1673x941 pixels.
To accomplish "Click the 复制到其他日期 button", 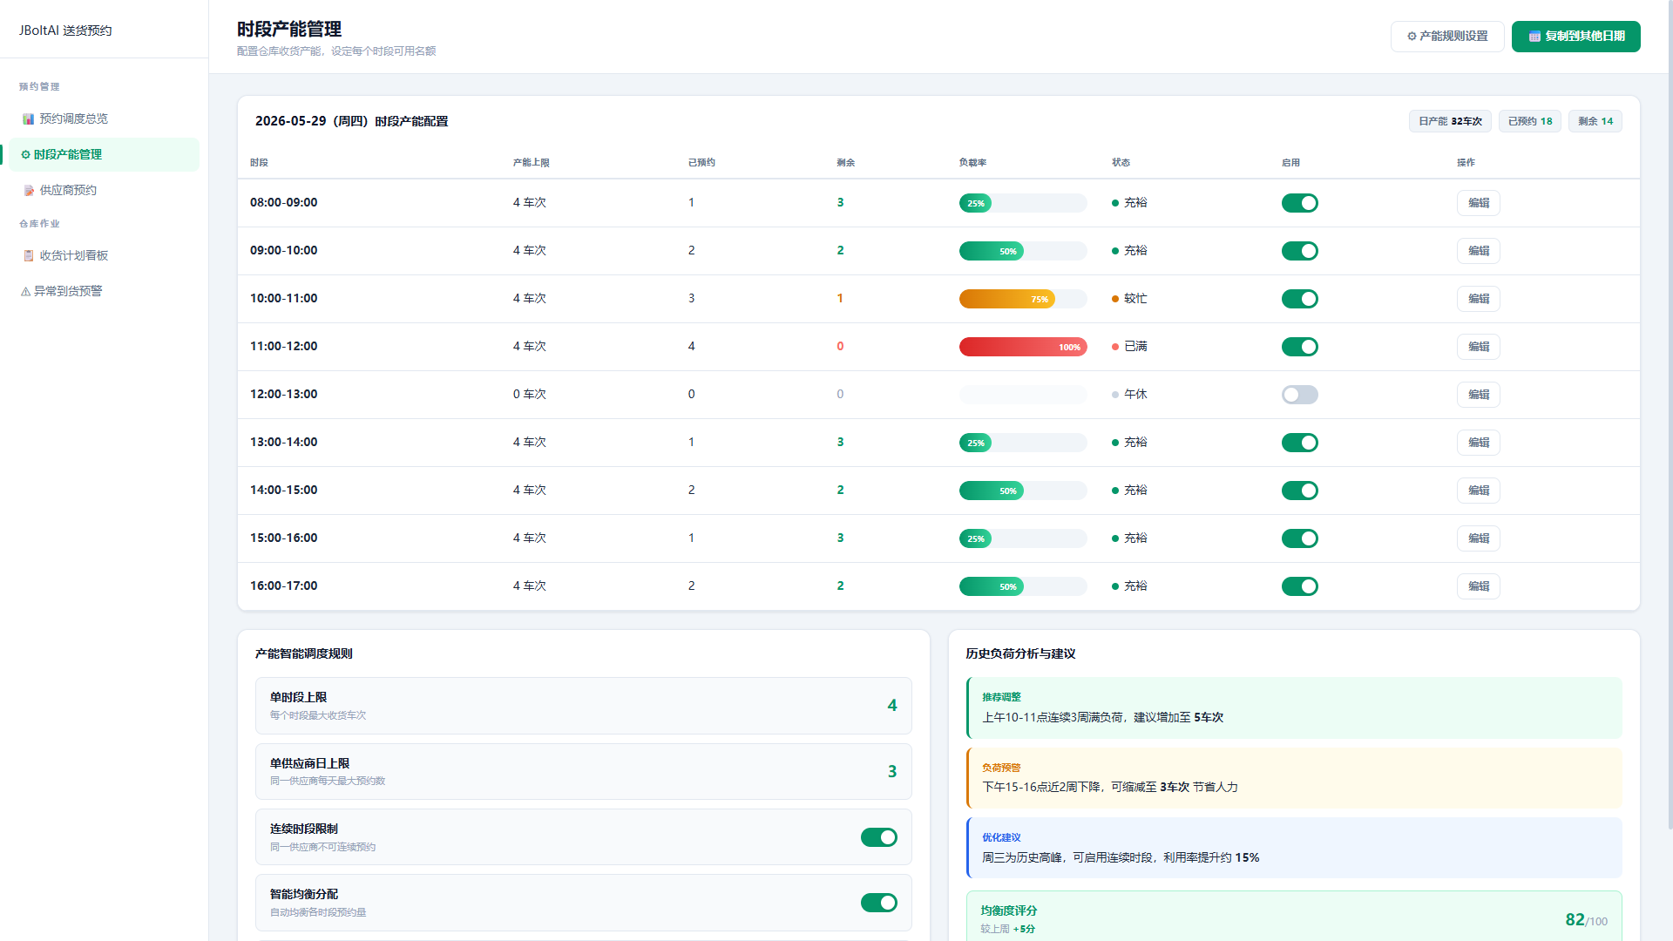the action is pyautogui.click(x=1575, y=37).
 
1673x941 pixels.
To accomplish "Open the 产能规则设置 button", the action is pyautogui.click(x=1447, y=37).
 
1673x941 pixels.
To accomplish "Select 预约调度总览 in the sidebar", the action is pyautogui.click(x=65, y=118).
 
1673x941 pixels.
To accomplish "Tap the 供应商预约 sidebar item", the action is pyautogui.click(x=60, y=190).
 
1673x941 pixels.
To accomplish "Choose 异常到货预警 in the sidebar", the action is pyautogui.click(x=62, y=291).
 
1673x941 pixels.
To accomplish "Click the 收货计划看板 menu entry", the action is pyautogui.click(x=65, y=255).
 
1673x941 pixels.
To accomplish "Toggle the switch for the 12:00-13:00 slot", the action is pyautogui.click(x=1299, y=395).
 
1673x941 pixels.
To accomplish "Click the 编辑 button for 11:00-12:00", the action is pyautogui.click(x=1479, y=347).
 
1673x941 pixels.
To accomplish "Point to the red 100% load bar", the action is pyautogui.click(x=1023, y=347).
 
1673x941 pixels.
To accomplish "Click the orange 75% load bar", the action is pyautogui.click(x=1007, y=299).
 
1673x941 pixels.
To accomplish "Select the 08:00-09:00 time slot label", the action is pyautogui.click(x=284, y=202).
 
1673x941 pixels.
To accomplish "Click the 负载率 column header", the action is pyautogui.click(x=972, y=163).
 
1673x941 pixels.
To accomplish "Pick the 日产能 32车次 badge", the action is pyautogui.click(x=1450, y=121).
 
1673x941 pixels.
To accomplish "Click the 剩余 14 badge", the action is pyautogui.click(x=1595, y=121).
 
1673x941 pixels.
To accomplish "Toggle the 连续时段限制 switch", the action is pyautogui.click(x=879, y=837).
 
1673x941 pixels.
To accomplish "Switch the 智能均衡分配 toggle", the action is pyautogui.click(x=879, y=903).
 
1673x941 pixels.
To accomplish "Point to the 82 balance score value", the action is pyautogui.click(x=1575, y=919).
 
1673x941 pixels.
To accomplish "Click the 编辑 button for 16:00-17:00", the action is pyautogui.click(x=1479, y=586).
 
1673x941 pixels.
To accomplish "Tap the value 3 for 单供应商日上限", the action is pyautogui.click(x=892, y=771).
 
